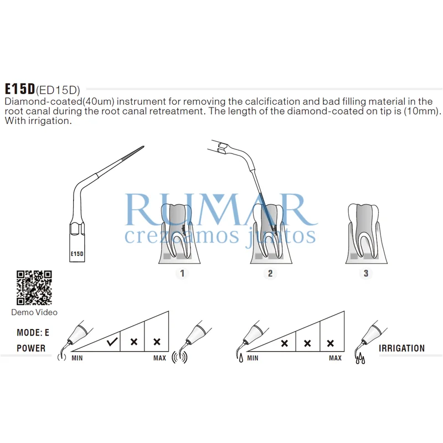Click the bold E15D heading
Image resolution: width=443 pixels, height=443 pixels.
click(20, 89)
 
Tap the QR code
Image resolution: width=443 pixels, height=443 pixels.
click(34, 287)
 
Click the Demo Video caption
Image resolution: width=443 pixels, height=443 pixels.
click(34, 312)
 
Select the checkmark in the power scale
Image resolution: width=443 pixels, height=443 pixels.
click(112, 342)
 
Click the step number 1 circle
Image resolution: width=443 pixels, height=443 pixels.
click(182, 273)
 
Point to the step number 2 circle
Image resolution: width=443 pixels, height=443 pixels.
click(270, 273)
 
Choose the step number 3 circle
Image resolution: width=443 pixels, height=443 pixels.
click(365, 273)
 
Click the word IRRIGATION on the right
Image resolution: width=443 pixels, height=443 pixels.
click(402, 348)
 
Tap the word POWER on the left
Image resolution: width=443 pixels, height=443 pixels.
click(31, 348)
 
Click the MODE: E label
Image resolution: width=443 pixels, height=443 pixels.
click(33, 333)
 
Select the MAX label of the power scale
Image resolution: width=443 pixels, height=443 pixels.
click(159, 358)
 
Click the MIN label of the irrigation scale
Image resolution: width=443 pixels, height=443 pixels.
click(253, 358)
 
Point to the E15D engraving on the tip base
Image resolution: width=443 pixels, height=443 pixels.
click(77, 254)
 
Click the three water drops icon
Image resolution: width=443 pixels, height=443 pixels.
click(360, 358)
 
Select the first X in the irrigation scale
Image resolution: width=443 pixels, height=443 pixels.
click(284, 343)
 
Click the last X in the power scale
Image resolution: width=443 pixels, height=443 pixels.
click(156, 342)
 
